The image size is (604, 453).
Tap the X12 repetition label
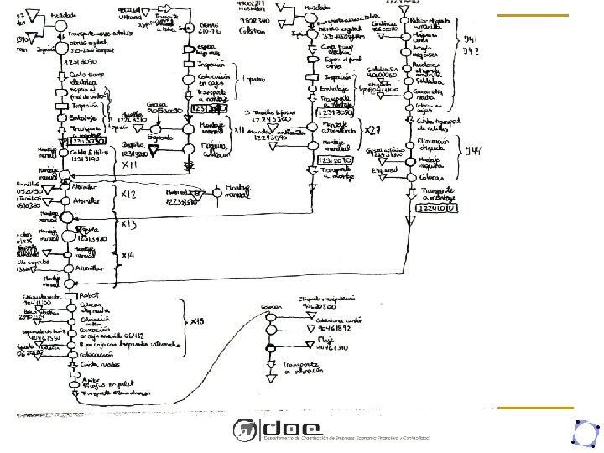point(128,195)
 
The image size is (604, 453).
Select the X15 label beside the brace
point(197,322)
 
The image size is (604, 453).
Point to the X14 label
point(128,255)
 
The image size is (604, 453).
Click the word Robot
point(91,296)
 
